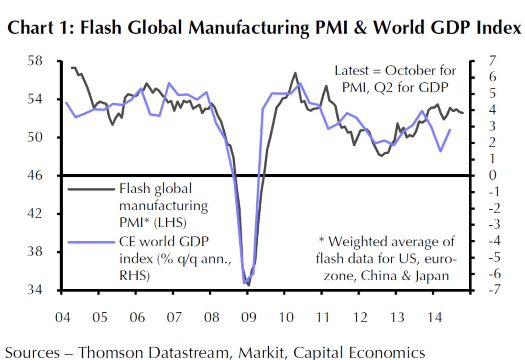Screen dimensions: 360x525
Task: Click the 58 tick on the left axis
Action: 35,61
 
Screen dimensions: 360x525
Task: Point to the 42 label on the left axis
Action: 35,213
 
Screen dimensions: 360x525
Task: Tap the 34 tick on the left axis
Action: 35,290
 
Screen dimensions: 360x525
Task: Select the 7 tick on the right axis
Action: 492,61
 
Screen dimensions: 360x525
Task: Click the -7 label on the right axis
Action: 494,290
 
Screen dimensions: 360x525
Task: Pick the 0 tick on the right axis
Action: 492,175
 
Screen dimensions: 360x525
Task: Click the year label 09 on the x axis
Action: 248,317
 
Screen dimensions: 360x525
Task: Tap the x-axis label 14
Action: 434,317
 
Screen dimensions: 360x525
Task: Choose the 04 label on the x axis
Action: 63,317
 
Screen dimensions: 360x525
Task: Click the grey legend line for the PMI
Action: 91,189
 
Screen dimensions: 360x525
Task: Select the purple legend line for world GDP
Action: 91,242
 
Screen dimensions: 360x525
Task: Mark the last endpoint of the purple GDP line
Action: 450,130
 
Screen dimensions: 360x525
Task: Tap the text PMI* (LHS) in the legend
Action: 153,223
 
